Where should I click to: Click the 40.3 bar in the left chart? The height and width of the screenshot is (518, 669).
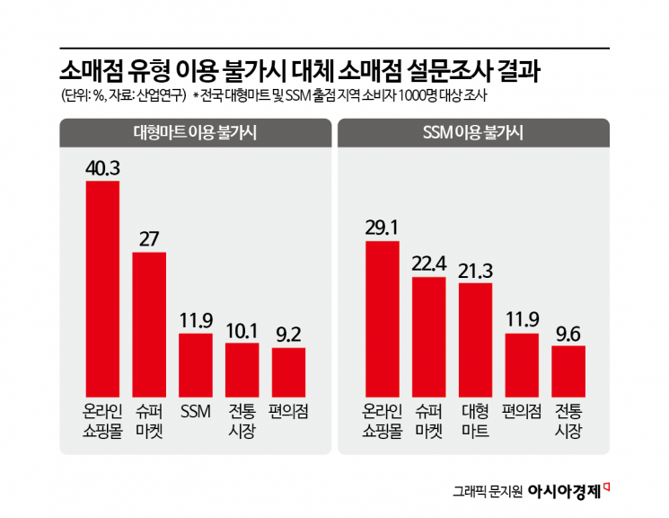coord(102,288)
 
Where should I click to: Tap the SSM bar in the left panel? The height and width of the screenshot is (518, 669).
coord(196,364)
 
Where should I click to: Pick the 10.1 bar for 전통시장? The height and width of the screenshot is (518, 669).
coord(242,369)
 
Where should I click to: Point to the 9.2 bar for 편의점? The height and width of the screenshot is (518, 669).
coord(288,371)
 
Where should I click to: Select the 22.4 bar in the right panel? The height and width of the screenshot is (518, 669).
coord(428,336)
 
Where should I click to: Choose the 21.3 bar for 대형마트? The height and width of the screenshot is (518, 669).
coord(475,339)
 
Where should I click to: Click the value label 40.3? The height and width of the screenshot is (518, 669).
coord(102,168)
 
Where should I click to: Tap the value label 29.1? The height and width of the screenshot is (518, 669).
coord(382,228)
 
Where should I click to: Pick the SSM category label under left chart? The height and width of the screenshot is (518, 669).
coord(196,412)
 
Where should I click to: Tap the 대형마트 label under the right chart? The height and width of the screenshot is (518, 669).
coord(475,420)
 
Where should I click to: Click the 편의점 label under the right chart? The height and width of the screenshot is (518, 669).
coord(522,412)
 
